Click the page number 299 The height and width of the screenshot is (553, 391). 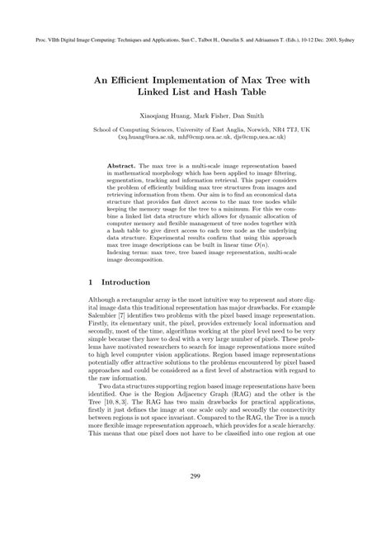click(x=195, y=499)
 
